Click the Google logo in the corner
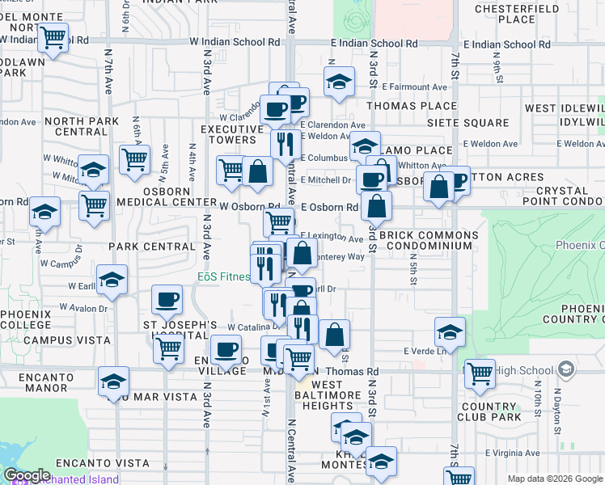27,475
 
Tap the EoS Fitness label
224,276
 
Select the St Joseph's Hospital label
181,332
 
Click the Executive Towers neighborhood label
228,134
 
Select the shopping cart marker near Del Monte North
53,36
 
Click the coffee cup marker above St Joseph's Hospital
167,299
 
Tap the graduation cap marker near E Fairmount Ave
339,81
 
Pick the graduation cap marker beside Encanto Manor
113,381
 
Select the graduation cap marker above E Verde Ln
450,331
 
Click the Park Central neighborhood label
154,246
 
